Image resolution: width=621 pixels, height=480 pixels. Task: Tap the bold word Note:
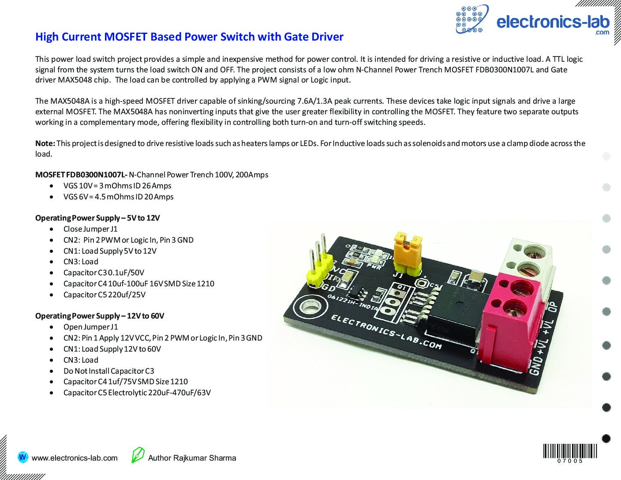click(x=45, y=143)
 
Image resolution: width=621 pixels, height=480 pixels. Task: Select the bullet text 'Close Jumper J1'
click(x=90, y=229)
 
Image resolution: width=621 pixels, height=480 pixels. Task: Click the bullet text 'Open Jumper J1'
click(x=90, y=327)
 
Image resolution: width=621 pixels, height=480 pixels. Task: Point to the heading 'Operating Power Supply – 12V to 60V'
click(x=100, y=316)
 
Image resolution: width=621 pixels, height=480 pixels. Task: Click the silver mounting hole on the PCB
click(x=309, y=307)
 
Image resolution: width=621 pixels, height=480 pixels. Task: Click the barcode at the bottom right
click(x=570, y=453)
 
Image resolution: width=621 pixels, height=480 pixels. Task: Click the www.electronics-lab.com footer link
click(x=75, y=458)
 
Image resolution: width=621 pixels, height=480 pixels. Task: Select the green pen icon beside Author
click(x=138, y=455)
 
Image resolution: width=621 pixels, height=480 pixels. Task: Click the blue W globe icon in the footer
click(x=22, y=457)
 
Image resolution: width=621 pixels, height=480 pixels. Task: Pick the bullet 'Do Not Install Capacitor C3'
click(x=108, y=371)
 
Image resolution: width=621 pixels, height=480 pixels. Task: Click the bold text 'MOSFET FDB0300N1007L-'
click(x=81, y=175)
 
